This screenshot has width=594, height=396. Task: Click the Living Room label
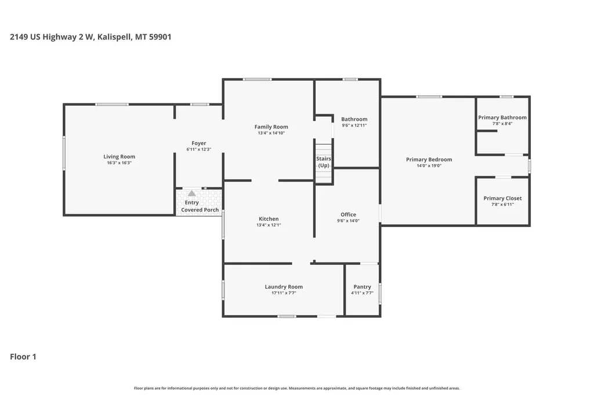(119, 157)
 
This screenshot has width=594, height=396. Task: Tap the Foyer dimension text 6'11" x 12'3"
(198, 149)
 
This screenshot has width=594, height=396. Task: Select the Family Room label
(271, 127)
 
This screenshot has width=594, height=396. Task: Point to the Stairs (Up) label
(324, 162)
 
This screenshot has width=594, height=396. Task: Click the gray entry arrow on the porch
(192, 193)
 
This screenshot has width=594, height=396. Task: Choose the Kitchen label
(269, 219)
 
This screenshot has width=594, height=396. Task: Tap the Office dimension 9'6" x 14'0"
(348, 221)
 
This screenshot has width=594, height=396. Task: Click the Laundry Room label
(284, 287)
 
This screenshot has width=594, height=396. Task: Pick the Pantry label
(362, 287)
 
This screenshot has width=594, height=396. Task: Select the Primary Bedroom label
(429, 159)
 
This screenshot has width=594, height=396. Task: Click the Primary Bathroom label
(502, 118)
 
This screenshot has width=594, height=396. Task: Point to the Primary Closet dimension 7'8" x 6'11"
(502, 204)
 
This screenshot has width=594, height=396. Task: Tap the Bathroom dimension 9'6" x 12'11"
(354, 125)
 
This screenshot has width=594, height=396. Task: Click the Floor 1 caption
(23, 357)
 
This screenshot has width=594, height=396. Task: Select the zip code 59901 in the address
(160, 37)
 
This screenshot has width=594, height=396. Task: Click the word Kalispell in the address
(114, 37)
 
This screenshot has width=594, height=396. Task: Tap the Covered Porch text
(200, 210)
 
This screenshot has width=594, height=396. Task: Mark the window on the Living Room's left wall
(64, 153)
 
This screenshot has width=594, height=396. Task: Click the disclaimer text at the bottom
(297, 388)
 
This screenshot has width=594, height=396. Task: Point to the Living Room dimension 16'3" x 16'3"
(119, 163)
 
